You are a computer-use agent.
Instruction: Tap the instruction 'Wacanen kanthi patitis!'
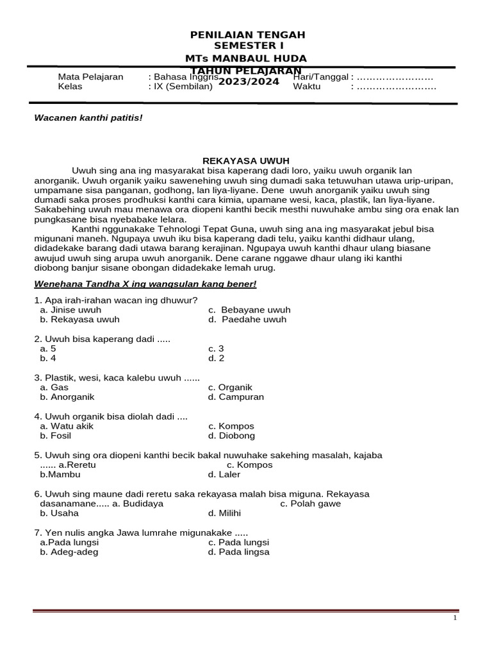click(88, 118)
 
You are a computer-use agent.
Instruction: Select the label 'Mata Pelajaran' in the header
click(90, 77)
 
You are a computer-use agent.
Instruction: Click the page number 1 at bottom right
click(454, 618)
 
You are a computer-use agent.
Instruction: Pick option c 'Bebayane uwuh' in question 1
click(249, 310)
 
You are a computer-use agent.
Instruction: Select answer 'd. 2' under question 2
click(216, 359)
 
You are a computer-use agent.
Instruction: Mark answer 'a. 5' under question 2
click(48, 349)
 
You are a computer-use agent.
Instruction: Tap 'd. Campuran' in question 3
click(236, 397)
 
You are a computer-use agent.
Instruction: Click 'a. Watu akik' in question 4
click(66, 427)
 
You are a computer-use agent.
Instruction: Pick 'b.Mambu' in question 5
click(60, 475)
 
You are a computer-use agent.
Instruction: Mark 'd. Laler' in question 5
click(225, 475)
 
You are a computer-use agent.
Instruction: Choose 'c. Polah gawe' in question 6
click(311, 504)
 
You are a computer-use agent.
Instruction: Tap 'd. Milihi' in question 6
click(224, 513)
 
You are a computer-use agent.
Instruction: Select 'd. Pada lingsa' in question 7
click(238, 552)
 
